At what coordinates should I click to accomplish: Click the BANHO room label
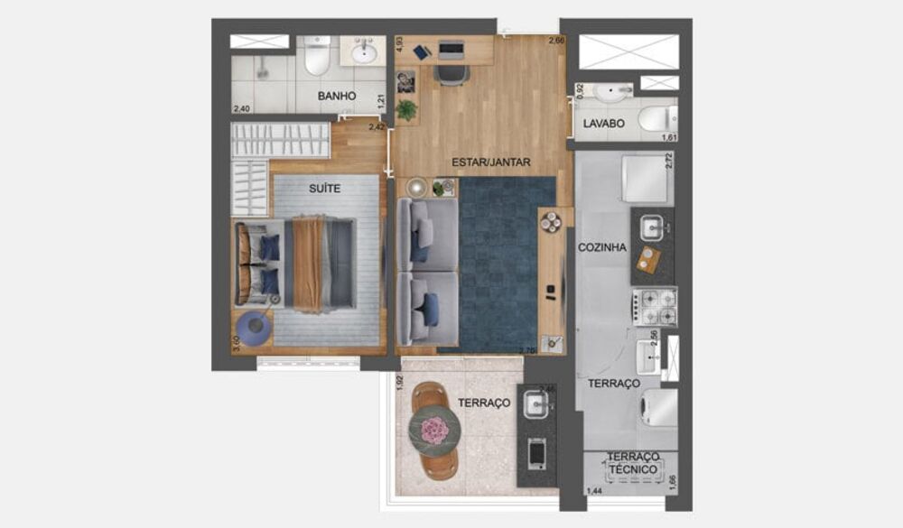tap(337, 96)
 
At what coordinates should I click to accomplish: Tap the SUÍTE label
tap(325, 189)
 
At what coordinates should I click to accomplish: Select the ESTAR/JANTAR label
tap(491, 162)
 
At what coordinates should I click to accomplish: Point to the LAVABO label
tap(603, 124)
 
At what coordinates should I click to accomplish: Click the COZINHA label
tap(601, 246)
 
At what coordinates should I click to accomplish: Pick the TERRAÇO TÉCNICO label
tap(631, 464)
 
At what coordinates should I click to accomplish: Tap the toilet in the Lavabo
tap(656, 118)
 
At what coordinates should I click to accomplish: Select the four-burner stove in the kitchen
tap(655, 306)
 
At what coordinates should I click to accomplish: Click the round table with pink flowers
tap(436, 430)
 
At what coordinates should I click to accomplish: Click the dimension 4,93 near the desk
tap(400, 46)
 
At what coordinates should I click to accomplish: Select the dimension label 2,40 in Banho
tap(241, 109)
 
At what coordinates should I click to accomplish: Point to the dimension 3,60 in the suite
tap(237, 345)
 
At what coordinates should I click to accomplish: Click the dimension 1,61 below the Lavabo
tap(669, 137)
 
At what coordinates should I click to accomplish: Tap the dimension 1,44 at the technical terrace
tap(595, 491)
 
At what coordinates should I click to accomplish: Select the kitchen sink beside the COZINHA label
tap(653, 228)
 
